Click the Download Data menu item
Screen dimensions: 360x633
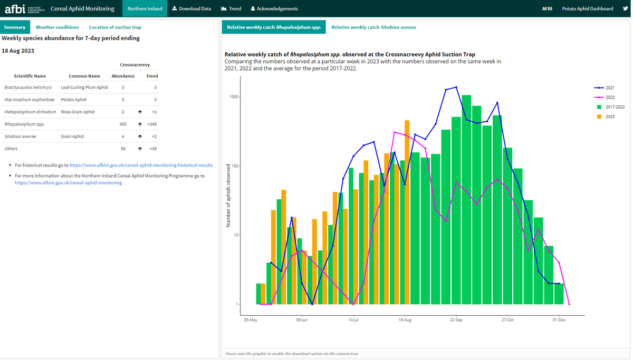[191, 8]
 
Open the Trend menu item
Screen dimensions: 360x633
[231, 8]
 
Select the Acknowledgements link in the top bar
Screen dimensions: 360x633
[274, 8]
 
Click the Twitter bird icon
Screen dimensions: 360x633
[625, 8]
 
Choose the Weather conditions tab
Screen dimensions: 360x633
[57, 27]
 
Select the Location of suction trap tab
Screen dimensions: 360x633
[115, 27]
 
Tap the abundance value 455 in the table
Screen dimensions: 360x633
[123, 124]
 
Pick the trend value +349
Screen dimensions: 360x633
[152, 124]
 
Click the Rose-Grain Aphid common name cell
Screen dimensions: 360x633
[78, 112]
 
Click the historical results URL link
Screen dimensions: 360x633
[141, 165]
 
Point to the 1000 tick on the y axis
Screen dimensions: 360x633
[234, 97]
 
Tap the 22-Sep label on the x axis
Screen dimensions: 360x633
[456, 320]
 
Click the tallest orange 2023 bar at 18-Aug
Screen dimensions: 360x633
[407, 211]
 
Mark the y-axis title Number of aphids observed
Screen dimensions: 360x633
[228, 196]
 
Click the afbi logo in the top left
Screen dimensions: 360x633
[13, 8]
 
